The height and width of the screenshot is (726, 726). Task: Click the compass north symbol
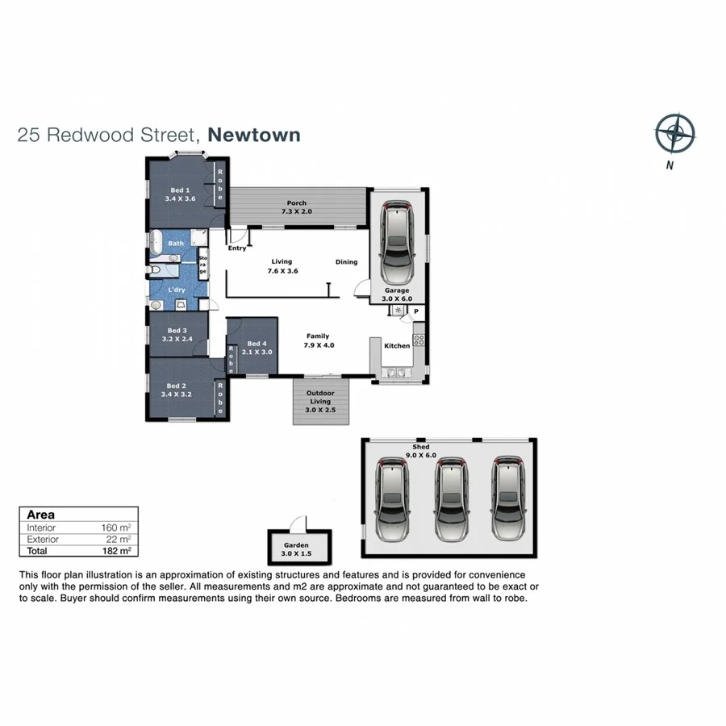pyautogui.click(x=674, y=133)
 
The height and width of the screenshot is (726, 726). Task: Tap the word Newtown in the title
pyautogui.click(x=254, y=135)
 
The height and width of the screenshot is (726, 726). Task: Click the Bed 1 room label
pyautogui.click(x=180, y=194)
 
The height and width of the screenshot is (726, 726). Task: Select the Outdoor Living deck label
pyautogui.click(x=320, y=402)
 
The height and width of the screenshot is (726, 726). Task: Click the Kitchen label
pyautogui.click(x=397, y=346)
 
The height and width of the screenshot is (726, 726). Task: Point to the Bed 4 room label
pyautogui.click(x=257, y=347)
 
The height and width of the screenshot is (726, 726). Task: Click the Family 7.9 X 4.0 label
pyautogui.click(x=319, y=340)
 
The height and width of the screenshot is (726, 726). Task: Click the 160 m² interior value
pyautogui.click(x=115, y=527)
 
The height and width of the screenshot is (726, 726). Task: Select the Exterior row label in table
pyautogui.click(x=43, y=539)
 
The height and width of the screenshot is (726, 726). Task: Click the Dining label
pyautogui.click(x=347, y=261)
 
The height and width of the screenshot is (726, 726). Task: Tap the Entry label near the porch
pyautogui.click(x=237, y=248)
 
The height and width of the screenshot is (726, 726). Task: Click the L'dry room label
pyautogui.click(x=177, y=290)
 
